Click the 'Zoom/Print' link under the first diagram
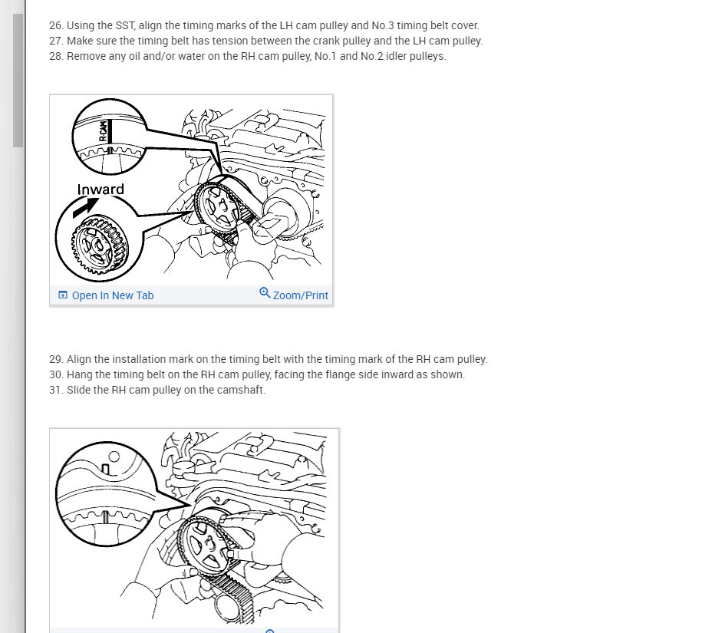[x=301, y=295]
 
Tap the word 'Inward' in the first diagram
[x=101, y=190]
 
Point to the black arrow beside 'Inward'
[x=85, y=207]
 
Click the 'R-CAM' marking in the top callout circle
[x=104, y=130]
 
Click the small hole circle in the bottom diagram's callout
[x=114, y=457]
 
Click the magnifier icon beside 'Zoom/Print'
[x=265, y=293]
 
